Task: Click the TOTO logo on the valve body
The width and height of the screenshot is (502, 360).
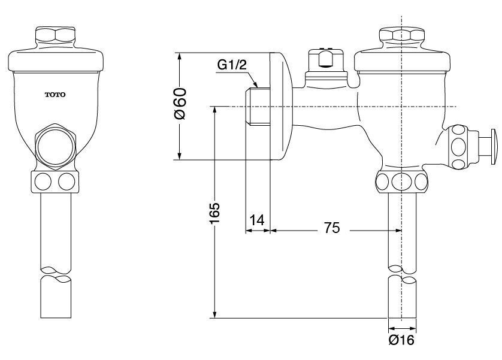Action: pos(56,95)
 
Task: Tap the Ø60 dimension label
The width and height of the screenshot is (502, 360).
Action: pos(180,103)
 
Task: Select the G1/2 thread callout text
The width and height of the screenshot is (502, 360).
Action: pos(231,65)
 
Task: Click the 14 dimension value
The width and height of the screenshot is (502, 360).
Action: pos(256,220)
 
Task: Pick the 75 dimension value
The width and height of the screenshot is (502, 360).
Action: pos(332,228)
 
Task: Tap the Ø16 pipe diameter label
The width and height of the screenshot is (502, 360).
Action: pos(401,341)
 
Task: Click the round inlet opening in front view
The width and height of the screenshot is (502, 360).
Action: pos(56,145)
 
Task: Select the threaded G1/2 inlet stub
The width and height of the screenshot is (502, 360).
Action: pos(258,108)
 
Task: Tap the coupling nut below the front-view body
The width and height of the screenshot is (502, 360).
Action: pos(56,181)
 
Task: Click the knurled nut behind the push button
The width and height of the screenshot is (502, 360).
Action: pos(459,146)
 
